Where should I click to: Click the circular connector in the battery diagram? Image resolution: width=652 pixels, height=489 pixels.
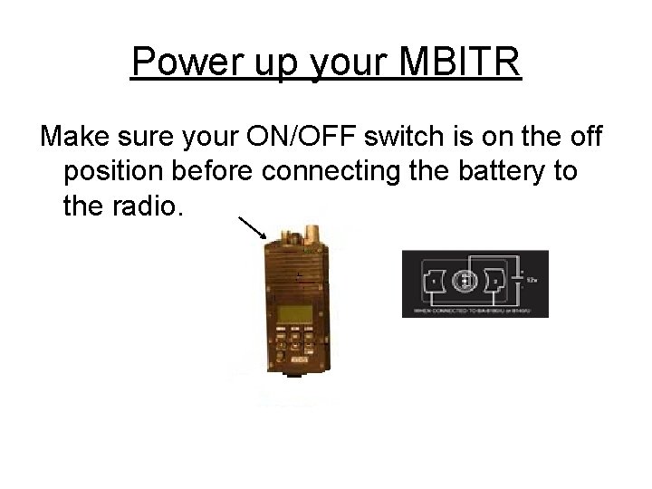[x=465, y=281]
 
